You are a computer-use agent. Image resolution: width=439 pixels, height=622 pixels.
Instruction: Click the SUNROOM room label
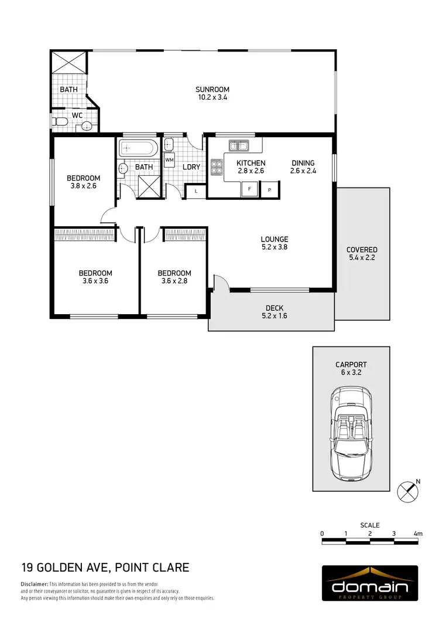(212, 90)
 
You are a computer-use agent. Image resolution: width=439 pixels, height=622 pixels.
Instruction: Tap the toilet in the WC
(59, 123)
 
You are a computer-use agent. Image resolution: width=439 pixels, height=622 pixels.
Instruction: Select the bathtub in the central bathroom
(138, 148)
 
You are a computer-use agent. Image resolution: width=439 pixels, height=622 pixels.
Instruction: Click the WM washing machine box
(169, 159)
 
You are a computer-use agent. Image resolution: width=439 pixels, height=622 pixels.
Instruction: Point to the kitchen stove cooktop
(216, 167)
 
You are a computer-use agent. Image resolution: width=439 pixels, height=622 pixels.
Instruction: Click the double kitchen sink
(239, 145)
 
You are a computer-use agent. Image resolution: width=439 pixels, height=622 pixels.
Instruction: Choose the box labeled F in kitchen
(250, 189)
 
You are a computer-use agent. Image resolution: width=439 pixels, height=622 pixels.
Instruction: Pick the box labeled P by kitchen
(270, 189)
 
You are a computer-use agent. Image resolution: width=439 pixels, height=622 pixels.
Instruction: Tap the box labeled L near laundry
(195, 191)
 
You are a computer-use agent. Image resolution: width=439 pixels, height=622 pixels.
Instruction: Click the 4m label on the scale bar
(417, 533)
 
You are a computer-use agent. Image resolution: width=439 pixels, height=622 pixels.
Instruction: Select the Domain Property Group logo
(370, 584)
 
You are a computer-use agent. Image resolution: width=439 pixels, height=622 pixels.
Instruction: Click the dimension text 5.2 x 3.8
(275, 247)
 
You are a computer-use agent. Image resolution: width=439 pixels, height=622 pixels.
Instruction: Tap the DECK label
(275, 308)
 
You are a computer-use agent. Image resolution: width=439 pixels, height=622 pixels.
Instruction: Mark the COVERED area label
(362, 250)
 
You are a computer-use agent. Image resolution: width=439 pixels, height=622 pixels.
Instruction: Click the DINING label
(303, 163)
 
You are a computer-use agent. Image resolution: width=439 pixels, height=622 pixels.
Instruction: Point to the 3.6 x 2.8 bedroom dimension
(174, 281)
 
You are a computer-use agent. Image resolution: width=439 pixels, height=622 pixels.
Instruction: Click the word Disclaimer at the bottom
(35, 584)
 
